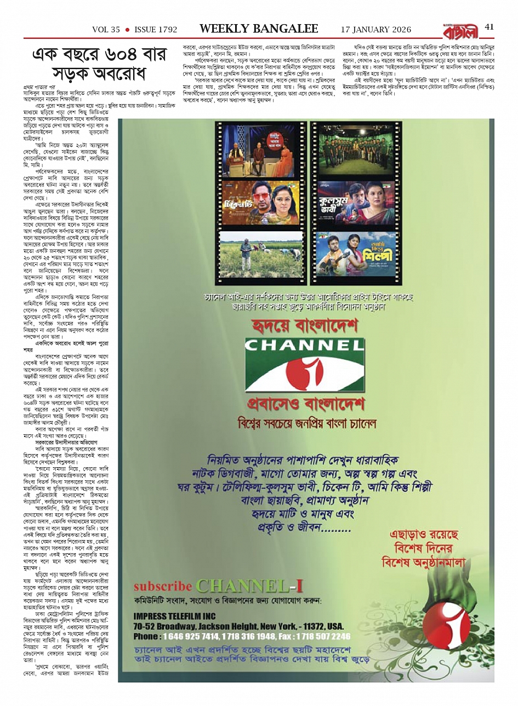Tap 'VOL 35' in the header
tap(106, 29)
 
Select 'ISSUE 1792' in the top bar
tap(156, 29)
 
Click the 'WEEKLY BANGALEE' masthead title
tap(258, 28)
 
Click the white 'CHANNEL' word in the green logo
tap(304, 345)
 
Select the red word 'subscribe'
tap(163, 586)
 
